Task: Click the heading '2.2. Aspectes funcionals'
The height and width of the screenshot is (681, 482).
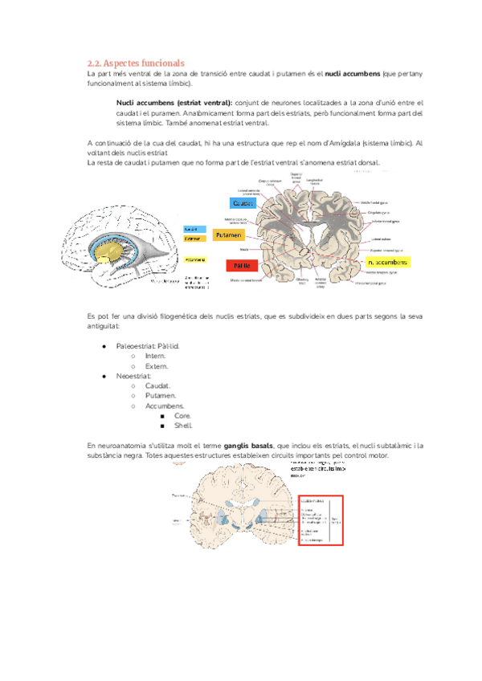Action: pos(135,62)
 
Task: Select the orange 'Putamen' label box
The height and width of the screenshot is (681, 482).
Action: pos(230,235)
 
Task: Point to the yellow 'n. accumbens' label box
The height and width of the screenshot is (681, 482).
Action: pos(386,263)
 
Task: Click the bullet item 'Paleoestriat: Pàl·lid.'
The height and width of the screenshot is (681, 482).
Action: pos(148,346)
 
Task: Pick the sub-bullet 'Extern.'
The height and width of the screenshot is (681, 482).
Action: pos(156,366)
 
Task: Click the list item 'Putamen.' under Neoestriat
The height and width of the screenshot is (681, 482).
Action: pos(161,396)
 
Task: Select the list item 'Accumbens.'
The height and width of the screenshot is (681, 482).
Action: pos(164,406)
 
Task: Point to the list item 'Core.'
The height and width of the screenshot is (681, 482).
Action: pos(182,416)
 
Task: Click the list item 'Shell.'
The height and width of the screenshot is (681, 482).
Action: pos(183,426)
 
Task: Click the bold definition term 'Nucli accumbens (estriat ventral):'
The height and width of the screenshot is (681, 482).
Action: pos(174,104)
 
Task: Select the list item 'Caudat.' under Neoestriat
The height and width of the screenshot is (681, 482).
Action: pos(157,385)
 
